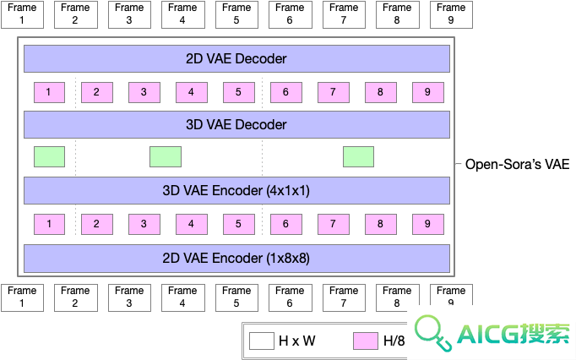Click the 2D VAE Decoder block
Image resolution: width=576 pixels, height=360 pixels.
tap(236, 58)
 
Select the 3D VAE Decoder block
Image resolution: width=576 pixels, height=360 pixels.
tap(236, 125)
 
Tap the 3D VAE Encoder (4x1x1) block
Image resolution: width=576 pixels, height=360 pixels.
tap(236, 190)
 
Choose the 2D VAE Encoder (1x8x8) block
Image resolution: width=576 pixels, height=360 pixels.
tap(236, 258)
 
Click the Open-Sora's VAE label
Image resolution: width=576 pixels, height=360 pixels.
tap(517, 165)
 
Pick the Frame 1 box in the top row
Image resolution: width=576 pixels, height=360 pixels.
tap(23, 14)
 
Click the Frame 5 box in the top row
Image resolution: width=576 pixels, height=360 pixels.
tap(236, 14)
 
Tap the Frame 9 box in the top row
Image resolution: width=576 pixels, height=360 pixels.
tap(451, 14)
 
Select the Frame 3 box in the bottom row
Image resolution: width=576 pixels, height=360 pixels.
tap(129, 297)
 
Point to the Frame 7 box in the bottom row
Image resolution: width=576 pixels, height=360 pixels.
tap(344, 297)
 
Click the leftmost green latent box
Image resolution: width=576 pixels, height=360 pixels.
tap(49, 156)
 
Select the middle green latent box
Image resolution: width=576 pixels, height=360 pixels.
tap(166, 156)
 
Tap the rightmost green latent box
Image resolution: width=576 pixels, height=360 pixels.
tap(359, 156)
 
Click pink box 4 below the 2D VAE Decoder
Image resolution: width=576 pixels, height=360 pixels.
tap(192, 92)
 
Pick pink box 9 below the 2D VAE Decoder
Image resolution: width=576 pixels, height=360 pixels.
tap(428, 92)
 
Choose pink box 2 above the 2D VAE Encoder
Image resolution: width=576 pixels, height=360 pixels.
tap(97, 224)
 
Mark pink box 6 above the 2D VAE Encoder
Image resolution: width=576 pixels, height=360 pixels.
tap(286, 224)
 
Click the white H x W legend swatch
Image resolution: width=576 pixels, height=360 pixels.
tap(262, 341)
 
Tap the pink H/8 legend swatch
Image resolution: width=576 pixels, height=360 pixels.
tap(366, 341)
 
